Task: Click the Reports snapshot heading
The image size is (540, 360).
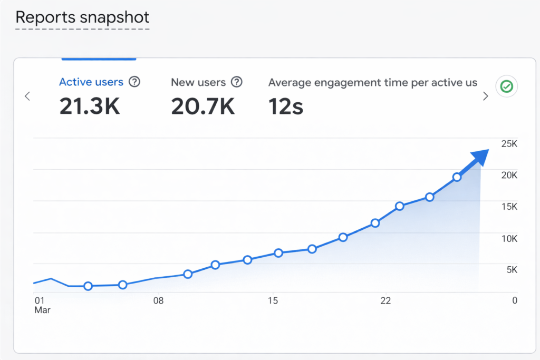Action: (x=82, y=17)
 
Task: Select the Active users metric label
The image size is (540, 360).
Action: (x=91, y=82)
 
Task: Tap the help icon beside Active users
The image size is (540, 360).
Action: (x=135, y=82)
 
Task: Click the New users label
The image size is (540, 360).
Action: (x=198, y=82)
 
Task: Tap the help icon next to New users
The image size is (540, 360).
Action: (x=237, y=82)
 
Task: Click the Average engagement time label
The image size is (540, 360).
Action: (x=372, y=82)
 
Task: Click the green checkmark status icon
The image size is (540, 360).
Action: (x=507, y=86)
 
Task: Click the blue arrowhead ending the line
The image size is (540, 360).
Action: (x=480, y=157)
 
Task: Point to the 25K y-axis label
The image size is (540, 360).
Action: (x=509, y=143)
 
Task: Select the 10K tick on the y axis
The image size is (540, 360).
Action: (x=509, y=239)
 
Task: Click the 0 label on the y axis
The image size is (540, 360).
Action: (x=515, y=300)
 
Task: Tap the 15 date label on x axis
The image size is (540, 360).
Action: (x=272, y=300)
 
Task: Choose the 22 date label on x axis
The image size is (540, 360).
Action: (x=386, y=300)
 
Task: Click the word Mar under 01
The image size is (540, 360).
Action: (x=42, y=310)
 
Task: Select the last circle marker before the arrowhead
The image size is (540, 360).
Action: (x=457, y=177)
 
